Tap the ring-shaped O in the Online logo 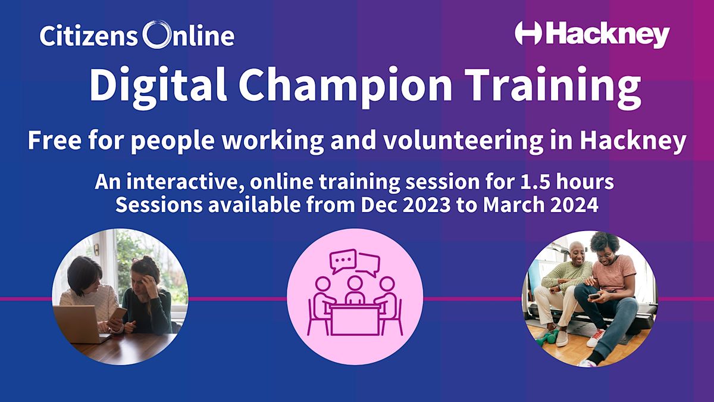tap(156, 35)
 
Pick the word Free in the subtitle tap(51, 142)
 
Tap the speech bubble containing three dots tap(343, 260)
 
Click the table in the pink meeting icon tap(355, 318)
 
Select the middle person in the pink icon tap(355, 288)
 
